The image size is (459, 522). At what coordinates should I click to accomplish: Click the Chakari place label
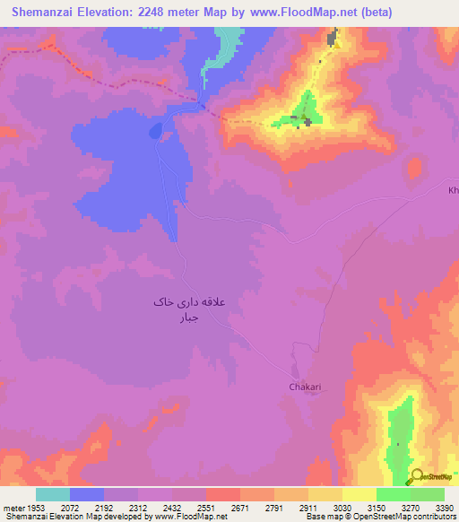304,387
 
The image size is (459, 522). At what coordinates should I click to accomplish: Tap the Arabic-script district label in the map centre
198,309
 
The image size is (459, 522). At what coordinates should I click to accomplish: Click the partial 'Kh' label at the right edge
453,190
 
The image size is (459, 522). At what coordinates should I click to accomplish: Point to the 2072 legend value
70,509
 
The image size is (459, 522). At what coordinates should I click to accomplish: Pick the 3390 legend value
444,509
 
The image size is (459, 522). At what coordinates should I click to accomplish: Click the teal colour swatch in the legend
53,494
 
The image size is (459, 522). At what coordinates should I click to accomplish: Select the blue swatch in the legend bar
87,494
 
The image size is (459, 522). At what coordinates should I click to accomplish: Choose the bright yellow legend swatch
359,494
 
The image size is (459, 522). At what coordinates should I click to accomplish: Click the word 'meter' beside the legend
13,509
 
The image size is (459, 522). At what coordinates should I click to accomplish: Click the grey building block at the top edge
333,38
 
